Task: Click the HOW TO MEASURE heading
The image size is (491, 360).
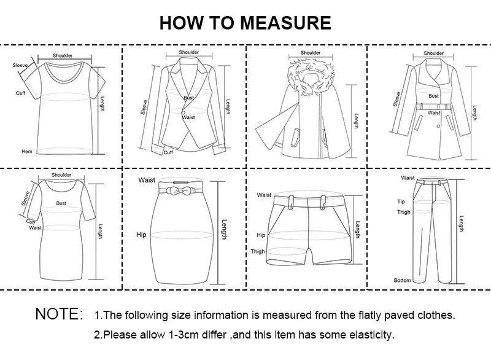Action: click(x=245, y=23)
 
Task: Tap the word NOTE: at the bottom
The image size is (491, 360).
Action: click(x=59, y=315)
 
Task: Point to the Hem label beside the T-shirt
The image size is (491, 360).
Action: click(x=27, y=151)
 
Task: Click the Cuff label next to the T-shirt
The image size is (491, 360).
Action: click(x=20, y=93)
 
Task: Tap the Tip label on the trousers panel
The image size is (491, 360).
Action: click(x=401, y=202)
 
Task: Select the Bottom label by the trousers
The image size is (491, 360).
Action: click(x=402, y=280)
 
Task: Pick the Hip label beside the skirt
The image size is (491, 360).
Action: click(x=141, y=235)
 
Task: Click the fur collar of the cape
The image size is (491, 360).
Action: click(x=311, y=76)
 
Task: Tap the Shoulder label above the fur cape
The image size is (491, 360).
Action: click(x=311, y=53)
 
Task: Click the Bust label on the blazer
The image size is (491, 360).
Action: click(x=188, y=98)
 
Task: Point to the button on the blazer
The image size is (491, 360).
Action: click(x=183, y=111)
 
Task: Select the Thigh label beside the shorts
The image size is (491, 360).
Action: click(x=257, y=251)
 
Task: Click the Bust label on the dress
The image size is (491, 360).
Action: click(x=61, y=202)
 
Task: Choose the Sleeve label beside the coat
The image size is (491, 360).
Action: click(x=398, y=98)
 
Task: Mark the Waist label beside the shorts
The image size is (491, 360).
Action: click(x=264, y=195)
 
